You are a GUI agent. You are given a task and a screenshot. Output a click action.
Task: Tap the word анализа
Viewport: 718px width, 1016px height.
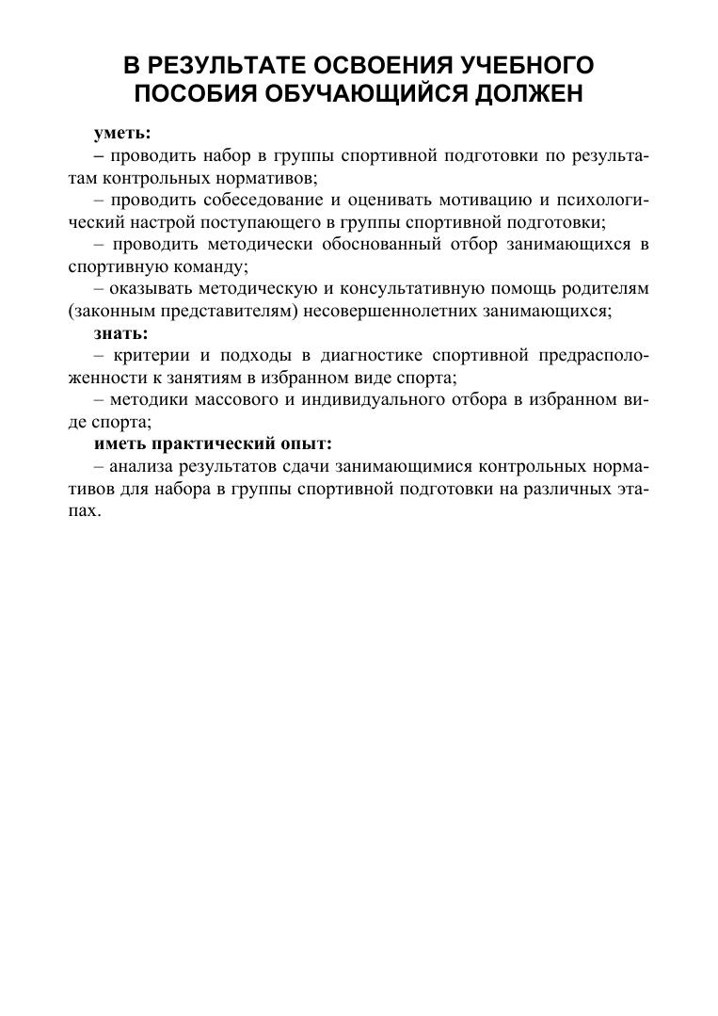pos(138,467)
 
